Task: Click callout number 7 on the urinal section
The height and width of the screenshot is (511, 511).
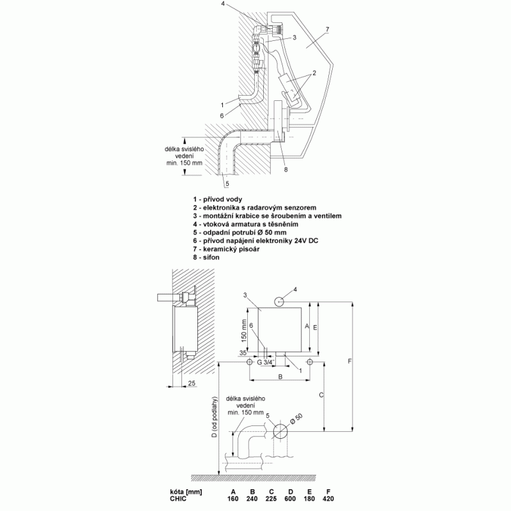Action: (x=327, y=29)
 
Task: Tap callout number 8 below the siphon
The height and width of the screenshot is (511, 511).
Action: (x=286, y=169)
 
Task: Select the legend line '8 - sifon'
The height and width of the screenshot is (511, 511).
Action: (x=206, y=257)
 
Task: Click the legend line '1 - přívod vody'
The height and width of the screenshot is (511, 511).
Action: (x=217, y=199)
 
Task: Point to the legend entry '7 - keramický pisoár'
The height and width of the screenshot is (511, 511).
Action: (x=226, y=249)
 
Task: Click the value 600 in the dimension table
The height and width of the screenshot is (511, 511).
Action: (x=291, y=499)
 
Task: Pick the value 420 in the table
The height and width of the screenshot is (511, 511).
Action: (x=328, y=499)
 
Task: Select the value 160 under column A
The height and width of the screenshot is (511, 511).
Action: (x=233, y=499)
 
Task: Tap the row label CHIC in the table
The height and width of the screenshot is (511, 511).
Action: (x=178, y=499)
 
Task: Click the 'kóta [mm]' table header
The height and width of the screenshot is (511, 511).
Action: (x=186, y=492)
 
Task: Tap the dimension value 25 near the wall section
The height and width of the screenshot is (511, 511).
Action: (x=192, y=383)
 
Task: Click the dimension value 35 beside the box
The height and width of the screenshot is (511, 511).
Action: (x=243, y=353)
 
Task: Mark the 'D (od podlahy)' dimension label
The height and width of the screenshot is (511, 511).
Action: (x=214, y=418)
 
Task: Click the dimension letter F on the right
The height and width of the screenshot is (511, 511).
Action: (x=349, y=361)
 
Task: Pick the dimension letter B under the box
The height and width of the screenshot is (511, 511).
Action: (x=280, y=377)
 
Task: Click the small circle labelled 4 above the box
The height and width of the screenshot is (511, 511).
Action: (x=280, y=301)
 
